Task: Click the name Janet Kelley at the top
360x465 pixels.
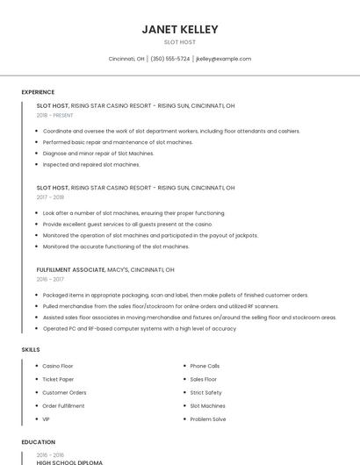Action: (180, 29)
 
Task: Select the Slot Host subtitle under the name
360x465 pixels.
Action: (180, 42)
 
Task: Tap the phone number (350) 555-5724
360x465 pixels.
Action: (170, 59)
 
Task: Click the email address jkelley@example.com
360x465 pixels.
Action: (223, 59)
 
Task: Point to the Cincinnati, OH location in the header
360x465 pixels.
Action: (126, 59)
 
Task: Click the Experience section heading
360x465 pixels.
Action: (38, 92)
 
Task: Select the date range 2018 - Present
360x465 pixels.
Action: (55, 115)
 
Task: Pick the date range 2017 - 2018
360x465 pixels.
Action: (51, 197)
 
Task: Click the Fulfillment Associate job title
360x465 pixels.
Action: (70, 269)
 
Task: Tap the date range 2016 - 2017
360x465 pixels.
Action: (51, 279)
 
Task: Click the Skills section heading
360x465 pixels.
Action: (31, 350)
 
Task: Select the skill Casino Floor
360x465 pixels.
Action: (58, 366)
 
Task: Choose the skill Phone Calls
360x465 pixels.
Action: (205, 366)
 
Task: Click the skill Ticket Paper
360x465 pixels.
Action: (58, 379)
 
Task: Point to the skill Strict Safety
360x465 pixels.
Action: (206, 392)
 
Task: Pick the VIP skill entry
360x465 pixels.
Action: (47, 419)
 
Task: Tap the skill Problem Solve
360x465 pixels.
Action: (208, 419)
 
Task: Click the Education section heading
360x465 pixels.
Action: (38, 442)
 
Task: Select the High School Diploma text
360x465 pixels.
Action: (69, 462)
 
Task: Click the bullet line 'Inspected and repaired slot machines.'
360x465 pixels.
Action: (91, 164)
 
